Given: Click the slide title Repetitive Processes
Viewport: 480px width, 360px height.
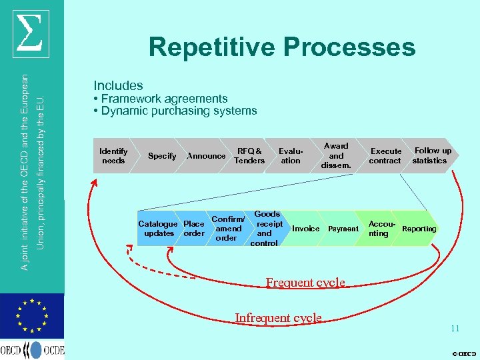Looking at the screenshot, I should point(282,48).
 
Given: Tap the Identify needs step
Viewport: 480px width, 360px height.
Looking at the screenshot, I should point(113,156).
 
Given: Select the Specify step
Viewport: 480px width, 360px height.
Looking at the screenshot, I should point(162,156).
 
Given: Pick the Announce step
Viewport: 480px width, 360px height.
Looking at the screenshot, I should point(206,156).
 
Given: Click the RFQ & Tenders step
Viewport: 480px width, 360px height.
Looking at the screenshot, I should point(250,156).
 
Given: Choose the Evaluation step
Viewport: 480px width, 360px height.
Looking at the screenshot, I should point(291,156).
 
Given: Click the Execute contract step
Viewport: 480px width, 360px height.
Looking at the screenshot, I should point(385,156).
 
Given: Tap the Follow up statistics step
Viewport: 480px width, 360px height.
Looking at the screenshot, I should point(431,156).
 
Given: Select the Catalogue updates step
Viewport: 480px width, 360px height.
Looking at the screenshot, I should point(158,229).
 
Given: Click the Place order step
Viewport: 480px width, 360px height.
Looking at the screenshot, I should point(194,229).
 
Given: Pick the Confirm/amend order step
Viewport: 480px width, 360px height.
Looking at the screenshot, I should point(227,229).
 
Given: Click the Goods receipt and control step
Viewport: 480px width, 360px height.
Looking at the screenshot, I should point(265,229).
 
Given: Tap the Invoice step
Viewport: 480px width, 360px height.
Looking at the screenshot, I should point(306,229).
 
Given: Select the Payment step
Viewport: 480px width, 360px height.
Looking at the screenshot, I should point(343,229).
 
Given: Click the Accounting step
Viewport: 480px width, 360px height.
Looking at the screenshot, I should point(379,229).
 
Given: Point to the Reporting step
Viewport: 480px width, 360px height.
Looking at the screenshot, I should point(419,229).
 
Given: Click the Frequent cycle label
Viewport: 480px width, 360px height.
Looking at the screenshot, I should point(305,283).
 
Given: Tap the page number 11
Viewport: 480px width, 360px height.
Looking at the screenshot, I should point(455,329).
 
